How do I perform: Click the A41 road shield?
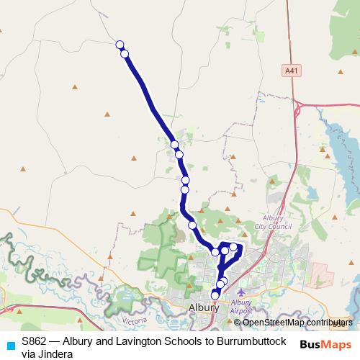(291, 71)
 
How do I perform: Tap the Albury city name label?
(203, 307)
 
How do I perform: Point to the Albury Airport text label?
(241, 307)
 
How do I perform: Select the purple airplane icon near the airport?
(240, 292)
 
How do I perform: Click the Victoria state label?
(135, 319)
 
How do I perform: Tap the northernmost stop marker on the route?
(120, 45)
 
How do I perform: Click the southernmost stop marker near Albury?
(215, 295)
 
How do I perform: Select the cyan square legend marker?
(9, 345)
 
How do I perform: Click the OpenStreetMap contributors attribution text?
(297, 323)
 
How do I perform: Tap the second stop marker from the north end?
(125, 54)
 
